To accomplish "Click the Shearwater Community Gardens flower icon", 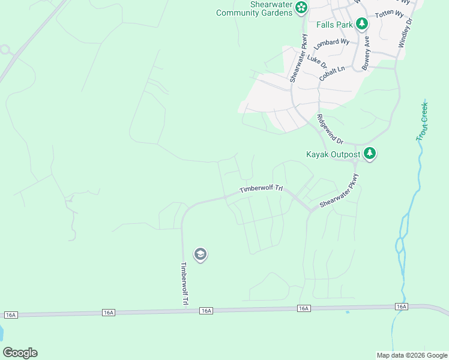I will click(301, 7).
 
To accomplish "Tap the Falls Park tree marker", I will click(361, 24).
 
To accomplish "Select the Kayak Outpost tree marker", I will click(370, 154).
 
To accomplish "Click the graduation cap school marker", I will click(200, 255).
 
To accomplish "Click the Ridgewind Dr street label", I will click(330, 129).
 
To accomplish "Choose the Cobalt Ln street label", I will click(332, 74).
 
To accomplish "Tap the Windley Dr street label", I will click(405, 33).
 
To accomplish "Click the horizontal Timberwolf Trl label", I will click(261, 188).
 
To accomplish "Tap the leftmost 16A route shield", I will click(11, 314).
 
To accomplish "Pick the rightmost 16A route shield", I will click(402, 306).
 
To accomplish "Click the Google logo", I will click(20, 353).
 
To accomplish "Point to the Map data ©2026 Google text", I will click(411, 355).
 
